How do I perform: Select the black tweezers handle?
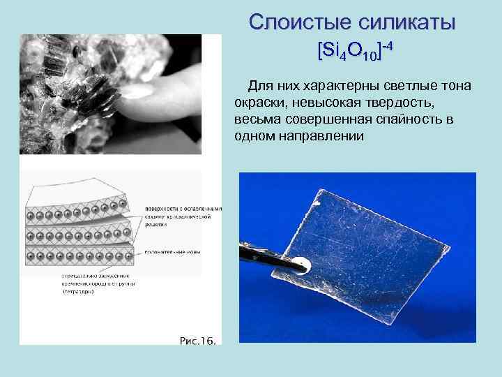pos(261,253)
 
